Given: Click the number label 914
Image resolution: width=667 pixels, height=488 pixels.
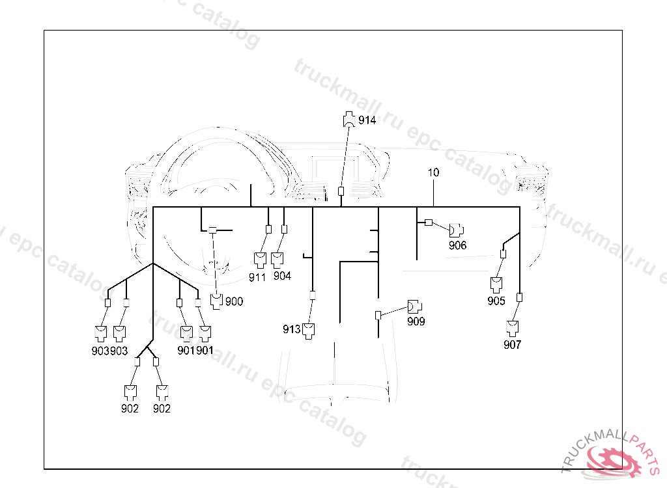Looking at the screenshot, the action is [x=367, y=120].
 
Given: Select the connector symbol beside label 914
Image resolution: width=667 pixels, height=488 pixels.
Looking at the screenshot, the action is [x=350, y=119].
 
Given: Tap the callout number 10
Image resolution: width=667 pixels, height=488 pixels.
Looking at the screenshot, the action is [x=434, y=172].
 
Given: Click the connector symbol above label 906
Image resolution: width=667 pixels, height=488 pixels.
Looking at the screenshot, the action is [x=456, y=230].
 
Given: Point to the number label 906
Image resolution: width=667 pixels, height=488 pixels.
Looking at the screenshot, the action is [x=458, y=245].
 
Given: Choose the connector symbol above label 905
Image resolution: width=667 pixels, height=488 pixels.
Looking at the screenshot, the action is [x=497, y=284].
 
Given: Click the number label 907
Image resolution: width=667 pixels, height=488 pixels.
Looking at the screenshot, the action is [x=513, y=345].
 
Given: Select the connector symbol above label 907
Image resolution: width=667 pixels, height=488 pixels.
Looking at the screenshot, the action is [x=513, y=327].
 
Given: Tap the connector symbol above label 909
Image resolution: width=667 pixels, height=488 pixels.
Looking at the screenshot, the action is [x=414, y=306].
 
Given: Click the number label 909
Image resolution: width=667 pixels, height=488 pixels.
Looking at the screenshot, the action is [x=416, y=321].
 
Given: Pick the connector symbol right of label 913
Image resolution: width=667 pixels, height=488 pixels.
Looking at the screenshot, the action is [x=309, y=330].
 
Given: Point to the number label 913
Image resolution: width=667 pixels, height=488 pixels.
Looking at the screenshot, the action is [x=291, y=329].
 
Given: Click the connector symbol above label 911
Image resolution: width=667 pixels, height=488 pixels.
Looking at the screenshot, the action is [x=260, y=260].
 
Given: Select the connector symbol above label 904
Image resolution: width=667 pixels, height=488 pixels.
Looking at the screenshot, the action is [x=278, y=260].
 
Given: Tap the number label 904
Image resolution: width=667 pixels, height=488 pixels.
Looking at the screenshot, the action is [x=282, y=276].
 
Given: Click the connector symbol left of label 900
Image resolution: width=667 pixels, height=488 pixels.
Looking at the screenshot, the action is [x=216, y=301].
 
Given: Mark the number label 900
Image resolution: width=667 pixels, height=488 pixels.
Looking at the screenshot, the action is [x=234, y=301].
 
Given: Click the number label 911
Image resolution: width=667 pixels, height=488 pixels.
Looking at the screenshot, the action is [x=257, y=277].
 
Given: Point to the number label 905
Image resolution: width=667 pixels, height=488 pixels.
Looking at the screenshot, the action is [x=496, y=301].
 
